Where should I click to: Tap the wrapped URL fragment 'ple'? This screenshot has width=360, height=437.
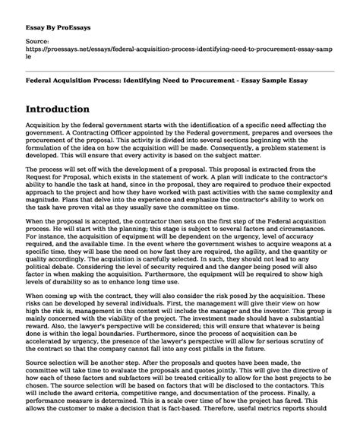pos(30,55)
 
